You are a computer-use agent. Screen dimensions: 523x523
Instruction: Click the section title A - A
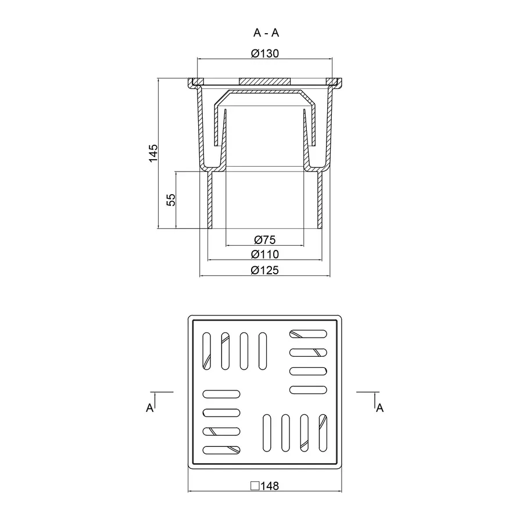tap(266, 33)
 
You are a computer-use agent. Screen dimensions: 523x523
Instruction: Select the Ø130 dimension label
tap(265, 53)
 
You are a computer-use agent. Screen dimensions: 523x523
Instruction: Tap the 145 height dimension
tap(153, 153)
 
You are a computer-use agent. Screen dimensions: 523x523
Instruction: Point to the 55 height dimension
tap(171, 200)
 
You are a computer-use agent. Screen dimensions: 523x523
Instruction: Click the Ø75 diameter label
tap(265, 239)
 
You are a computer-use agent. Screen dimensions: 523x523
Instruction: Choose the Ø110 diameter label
tap(265, 254)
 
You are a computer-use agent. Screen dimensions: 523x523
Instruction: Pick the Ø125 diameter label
tap(265, 270)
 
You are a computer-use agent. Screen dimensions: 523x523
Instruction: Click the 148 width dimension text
tap(270, 486)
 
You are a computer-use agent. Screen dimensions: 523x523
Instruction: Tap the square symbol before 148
tap(255, 486)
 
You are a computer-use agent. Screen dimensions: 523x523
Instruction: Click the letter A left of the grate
tap(150, 407)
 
